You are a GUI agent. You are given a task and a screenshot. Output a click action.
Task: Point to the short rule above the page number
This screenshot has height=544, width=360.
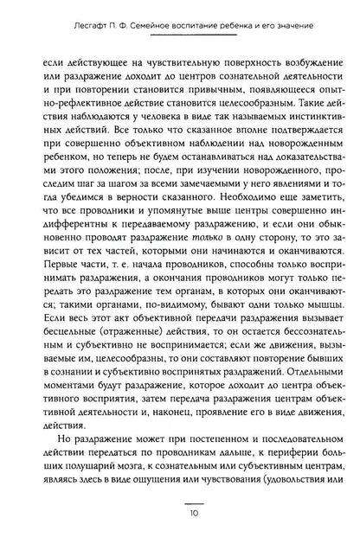pos(180,509)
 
